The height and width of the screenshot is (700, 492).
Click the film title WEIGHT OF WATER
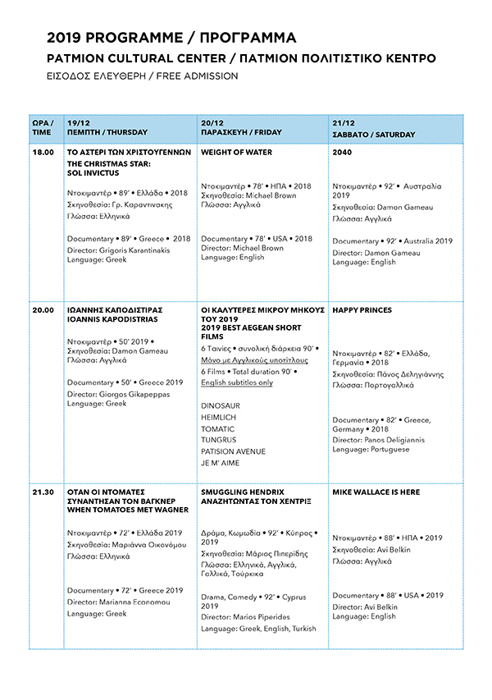coord(236,153)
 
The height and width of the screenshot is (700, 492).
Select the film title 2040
coord(342,153)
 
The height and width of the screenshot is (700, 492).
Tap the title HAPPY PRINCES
coord(362,311)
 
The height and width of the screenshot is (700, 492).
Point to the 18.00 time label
coord(43,153)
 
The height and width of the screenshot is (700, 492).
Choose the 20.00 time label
coord(43,311)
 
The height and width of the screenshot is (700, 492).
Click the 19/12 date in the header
coord(78,122)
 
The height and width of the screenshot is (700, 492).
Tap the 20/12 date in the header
coord(212,122)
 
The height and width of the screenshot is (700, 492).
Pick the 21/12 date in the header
coord(343,122)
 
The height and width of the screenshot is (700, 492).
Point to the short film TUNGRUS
coord(219,441)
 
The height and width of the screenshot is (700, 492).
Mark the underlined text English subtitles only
coord(237,382)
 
